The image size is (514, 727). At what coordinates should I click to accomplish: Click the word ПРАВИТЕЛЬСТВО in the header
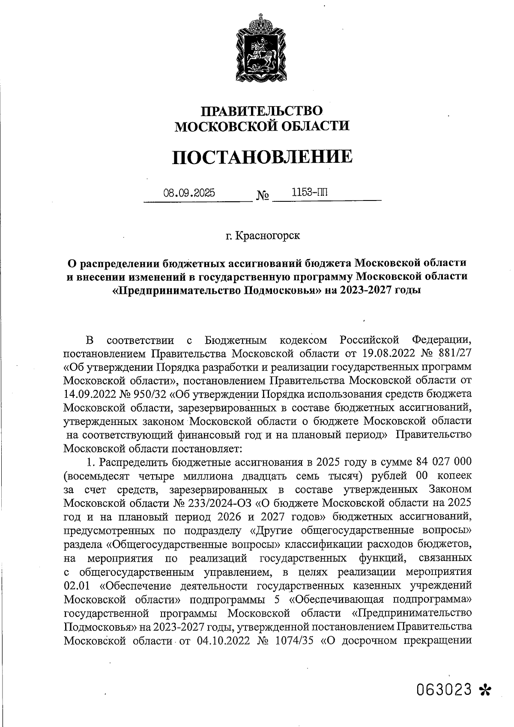click(x=262, y=111)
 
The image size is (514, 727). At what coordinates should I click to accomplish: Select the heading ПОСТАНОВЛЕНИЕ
click(x=262, y=157)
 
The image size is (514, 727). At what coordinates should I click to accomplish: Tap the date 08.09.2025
click(x=189, y=193)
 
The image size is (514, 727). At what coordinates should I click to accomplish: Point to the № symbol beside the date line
click(x=263, y=196)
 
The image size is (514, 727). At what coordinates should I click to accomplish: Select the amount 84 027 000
click(x=444, y=463)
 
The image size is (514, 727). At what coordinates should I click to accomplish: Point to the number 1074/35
click(x=296, y=641)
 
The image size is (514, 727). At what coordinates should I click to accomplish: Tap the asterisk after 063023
click(x=486, y=690)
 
